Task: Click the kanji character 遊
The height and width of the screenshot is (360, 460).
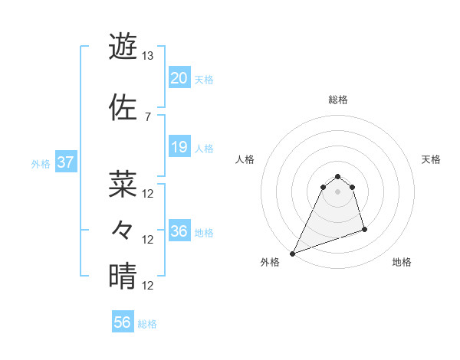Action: tap(123, 47)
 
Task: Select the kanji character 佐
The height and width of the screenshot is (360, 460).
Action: tap(123, 108)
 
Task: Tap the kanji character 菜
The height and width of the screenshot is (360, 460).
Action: tap(123, 184)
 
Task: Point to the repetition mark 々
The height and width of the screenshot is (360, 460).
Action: tap(123, 230)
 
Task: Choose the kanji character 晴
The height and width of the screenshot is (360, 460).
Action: tap(123, 277)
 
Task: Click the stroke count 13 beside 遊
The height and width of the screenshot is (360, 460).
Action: tap(148, 56)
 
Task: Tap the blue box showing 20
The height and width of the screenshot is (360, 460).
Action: tap(179, 78)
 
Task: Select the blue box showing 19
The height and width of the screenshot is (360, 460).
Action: tap(179, 147)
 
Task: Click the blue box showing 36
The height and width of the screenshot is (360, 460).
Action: tap(179, 231)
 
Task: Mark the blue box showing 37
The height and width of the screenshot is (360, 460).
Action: tap(66, 162)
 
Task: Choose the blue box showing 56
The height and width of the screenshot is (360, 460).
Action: tap(123, 322)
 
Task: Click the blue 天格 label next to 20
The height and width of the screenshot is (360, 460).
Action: tap(204, 80)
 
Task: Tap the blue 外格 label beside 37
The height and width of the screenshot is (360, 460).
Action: tap(41, 164)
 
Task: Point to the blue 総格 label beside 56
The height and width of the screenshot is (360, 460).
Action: tap(147, 324)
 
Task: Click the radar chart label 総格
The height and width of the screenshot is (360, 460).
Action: tap(338, 100)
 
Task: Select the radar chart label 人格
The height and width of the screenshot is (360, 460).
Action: tap(245, 159)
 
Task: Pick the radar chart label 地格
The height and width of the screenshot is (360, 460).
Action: tap(402, 262)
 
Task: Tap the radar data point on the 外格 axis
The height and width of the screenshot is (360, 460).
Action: tap(292, 254)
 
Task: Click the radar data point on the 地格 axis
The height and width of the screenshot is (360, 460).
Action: tap(364, 229)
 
